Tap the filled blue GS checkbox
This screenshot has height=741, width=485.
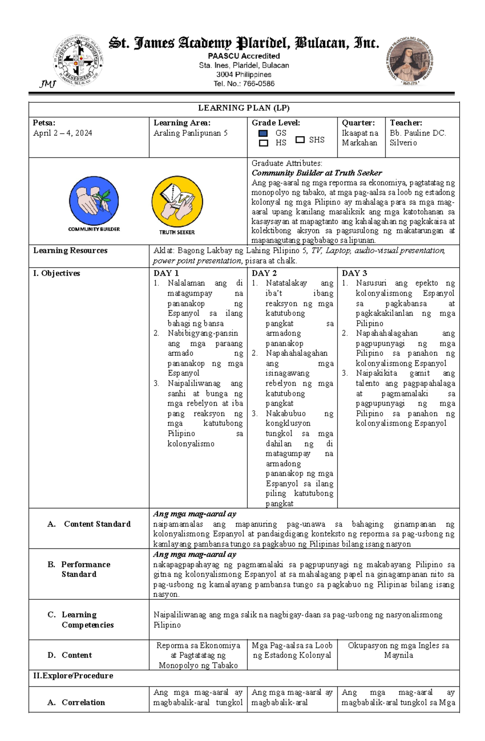pos(263,133)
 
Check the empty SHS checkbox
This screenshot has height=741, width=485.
pos(299,140)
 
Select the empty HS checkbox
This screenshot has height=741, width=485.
pos(263,143)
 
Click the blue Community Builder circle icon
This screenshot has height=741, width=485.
pos(94,201)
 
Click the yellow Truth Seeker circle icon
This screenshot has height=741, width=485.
pos(177,201)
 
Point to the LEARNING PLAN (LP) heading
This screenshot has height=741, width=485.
pos(244,108)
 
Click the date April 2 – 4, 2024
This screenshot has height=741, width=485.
pos(63,133)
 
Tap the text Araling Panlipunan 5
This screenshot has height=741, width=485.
pos(190,133)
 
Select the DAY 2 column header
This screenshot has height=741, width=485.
pos(264,273)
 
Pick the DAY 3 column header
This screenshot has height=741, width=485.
pos(354,273)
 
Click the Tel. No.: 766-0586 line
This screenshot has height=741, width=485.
pos(244,84)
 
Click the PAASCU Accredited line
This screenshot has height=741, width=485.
pos(244,56)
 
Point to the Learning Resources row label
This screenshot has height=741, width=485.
pos(70,250)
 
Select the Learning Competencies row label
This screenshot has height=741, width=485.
pos(87,619)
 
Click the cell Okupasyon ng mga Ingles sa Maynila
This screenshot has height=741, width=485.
pos(398,650)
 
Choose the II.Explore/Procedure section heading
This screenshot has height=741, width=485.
pos(73,676)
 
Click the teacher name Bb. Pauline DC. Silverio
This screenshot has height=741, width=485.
pos(418,138)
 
